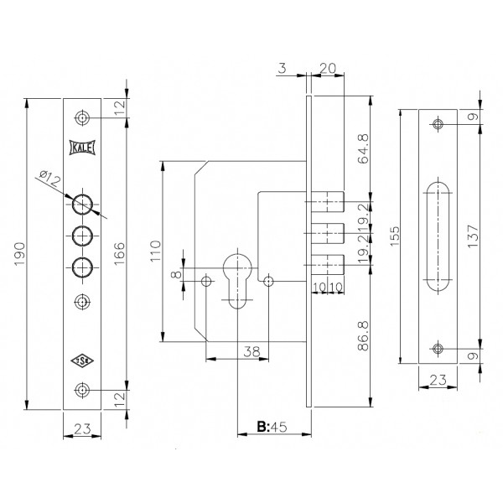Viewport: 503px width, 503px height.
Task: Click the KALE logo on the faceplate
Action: pos(82,148)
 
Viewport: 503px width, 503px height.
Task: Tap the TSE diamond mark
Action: pos(82,360)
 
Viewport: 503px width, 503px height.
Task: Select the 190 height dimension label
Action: pos(20,254)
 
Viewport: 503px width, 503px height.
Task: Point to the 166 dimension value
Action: pos(119,253)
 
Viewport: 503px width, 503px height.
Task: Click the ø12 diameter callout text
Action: pos(50,179)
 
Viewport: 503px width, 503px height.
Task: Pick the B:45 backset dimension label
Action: pos(272,427)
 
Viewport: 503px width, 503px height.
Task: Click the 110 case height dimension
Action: pos(156,251)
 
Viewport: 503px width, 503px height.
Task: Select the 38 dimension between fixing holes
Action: pos(251,351)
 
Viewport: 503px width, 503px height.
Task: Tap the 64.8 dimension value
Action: pos(364,149)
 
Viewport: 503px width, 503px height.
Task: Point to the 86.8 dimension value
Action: pos(364,335)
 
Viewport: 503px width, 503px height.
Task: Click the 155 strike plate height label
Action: pos(395,236)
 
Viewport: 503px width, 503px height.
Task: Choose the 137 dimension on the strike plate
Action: pos(473,236)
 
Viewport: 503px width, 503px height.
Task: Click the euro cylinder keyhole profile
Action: pos(237,280)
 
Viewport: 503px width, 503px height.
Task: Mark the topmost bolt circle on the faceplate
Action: pos(82,204)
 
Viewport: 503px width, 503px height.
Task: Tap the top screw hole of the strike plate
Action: pos(438,124)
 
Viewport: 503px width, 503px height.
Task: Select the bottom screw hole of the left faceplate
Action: pos(82,390)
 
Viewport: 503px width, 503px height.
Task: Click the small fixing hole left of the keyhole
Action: pos(206,282)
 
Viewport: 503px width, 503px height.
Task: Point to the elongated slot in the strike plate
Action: pos(438,236)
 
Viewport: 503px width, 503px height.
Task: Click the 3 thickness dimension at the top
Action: pos(282,69)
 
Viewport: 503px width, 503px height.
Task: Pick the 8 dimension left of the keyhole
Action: pos(177,275)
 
